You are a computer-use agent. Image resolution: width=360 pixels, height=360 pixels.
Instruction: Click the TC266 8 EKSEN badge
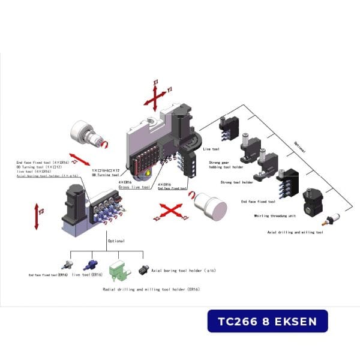coord(268,321)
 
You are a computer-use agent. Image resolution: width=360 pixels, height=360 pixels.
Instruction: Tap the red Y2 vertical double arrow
coord(37,216)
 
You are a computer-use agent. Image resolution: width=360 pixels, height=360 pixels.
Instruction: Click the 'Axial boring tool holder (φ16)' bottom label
coord(184,271)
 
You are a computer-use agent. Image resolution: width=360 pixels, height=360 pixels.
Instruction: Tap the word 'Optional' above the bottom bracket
coord(116,241)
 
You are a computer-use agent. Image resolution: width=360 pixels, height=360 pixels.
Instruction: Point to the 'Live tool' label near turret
coord(211,148)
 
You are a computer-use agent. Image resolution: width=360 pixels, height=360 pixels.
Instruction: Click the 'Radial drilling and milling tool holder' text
coord(151,289)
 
